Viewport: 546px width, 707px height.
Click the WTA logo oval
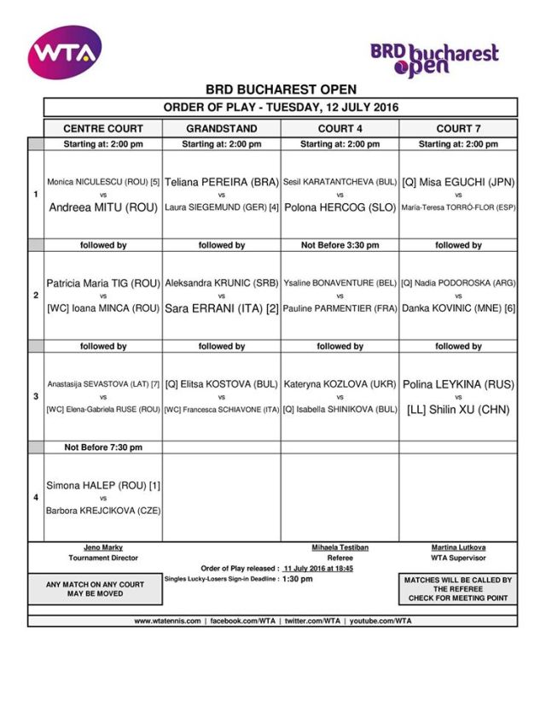point(64,52)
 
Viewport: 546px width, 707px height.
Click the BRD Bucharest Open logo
point(434,59)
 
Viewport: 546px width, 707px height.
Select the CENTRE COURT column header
point(102,128)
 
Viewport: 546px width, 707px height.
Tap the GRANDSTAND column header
point(221,128)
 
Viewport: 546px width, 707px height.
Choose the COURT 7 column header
point(458,128)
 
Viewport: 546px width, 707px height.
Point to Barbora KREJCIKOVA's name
point(102,511)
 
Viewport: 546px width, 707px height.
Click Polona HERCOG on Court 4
point(340,207)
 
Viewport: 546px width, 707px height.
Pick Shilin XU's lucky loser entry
point(458,409)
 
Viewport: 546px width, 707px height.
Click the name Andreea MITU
point(102,207)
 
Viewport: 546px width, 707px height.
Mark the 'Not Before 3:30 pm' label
point(340,245)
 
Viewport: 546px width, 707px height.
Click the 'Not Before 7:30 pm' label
point(102,447)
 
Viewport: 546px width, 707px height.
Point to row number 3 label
point(35,397)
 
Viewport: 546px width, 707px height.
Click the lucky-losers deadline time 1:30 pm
point(297,579)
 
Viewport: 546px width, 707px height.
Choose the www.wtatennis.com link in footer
point(168,622)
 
